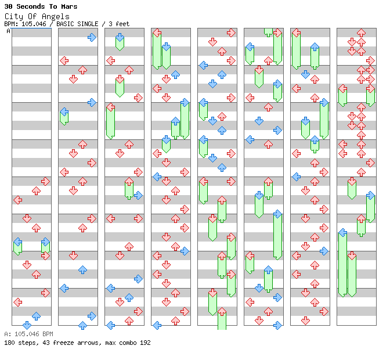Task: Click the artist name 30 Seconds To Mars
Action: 41,6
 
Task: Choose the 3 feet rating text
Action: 118,24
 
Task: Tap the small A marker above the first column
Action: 8,31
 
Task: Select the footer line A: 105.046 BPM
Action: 28,334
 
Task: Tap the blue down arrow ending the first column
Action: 27,325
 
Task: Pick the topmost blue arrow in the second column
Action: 92,37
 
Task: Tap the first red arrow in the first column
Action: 45,181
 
